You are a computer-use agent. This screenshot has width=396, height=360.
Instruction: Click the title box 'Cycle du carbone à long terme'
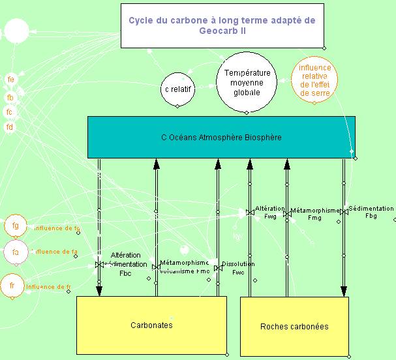pyautogui.click(x=222, y=25)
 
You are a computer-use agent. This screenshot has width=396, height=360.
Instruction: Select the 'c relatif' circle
pyautogui.click(x=179, y=88)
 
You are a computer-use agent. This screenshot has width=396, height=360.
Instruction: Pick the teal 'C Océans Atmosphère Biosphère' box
pyautogui.click(x=221, y=137)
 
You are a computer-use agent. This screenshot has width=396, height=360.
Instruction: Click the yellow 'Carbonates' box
pyautogui.click(x=151, y=325)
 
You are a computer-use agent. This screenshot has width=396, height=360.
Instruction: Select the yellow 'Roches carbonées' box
pyautogui.click(x=294, y=326)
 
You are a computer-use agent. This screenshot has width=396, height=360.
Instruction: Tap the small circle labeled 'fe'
pyautogui.click(x=10, y=80)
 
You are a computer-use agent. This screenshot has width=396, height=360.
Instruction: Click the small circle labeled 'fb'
pyautogui.click(x=10, y=97)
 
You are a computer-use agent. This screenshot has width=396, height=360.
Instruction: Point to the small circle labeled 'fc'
pyautogui.click(x=10, y=112)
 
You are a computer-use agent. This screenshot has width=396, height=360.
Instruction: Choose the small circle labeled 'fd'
pyautogui.click(x=10, y=127)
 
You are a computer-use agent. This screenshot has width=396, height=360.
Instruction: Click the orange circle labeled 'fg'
pyautogui.click(x=16, y=226)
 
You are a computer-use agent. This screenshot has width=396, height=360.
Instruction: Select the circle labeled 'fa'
pyautogui.click(x=16, y=251)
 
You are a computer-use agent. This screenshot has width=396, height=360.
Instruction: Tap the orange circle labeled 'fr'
pyautogui.click(x=12, y=286)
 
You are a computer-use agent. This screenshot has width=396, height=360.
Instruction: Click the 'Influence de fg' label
pyautogui.click(x=57, y=228)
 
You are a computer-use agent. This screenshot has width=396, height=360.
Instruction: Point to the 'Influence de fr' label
pyautogui.click(x=53, y=287)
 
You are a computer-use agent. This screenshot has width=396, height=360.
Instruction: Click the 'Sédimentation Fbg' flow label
pyautogui.click(x=371, y=212)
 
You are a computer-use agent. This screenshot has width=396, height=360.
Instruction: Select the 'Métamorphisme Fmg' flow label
pyautogui.click(x=315, y=215)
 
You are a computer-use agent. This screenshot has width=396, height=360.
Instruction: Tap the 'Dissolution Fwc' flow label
pyautogui.click(x=238, y=267)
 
